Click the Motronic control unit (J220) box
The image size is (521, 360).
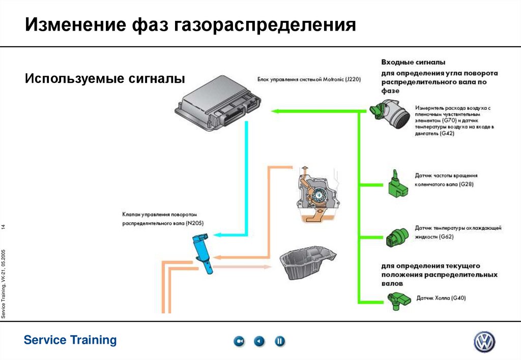219,104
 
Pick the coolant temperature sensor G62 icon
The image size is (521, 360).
397,236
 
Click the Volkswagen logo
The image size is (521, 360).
484,341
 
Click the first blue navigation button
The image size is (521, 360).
239,341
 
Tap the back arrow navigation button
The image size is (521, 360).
259,341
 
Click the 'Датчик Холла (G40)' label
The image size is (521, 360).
441,298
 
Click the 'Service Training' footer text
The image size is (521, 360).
70,340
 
